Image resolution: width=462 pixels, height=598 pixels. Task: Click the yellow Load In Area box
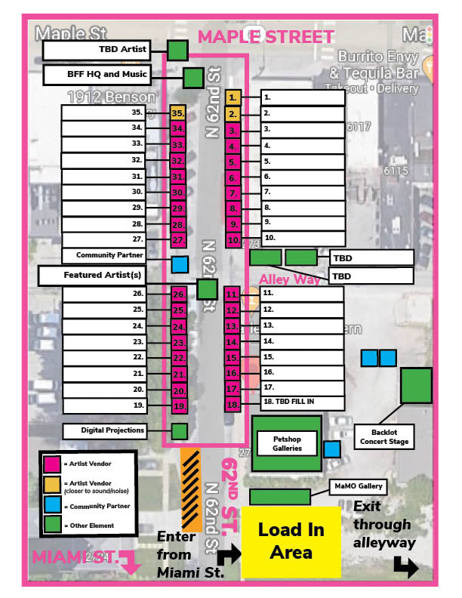tap(290, 541)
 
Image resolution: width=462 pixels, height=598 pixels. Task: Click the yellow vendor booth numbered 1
tap(233, 98)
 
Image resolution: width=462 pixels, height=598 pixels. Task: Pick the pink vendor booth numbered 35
tap(178, 113)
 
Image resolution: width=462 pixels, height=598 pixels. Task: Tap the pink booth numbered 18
tap(233, 405)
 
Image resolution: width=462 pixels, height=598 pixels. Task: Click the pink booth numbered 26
tap(178, 294)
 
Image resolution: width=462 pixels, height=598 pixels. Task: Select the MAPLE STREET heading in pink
tap(265, 37)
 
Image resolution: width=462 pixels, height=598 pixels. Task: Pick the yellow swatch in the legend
tap(52, 485)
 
